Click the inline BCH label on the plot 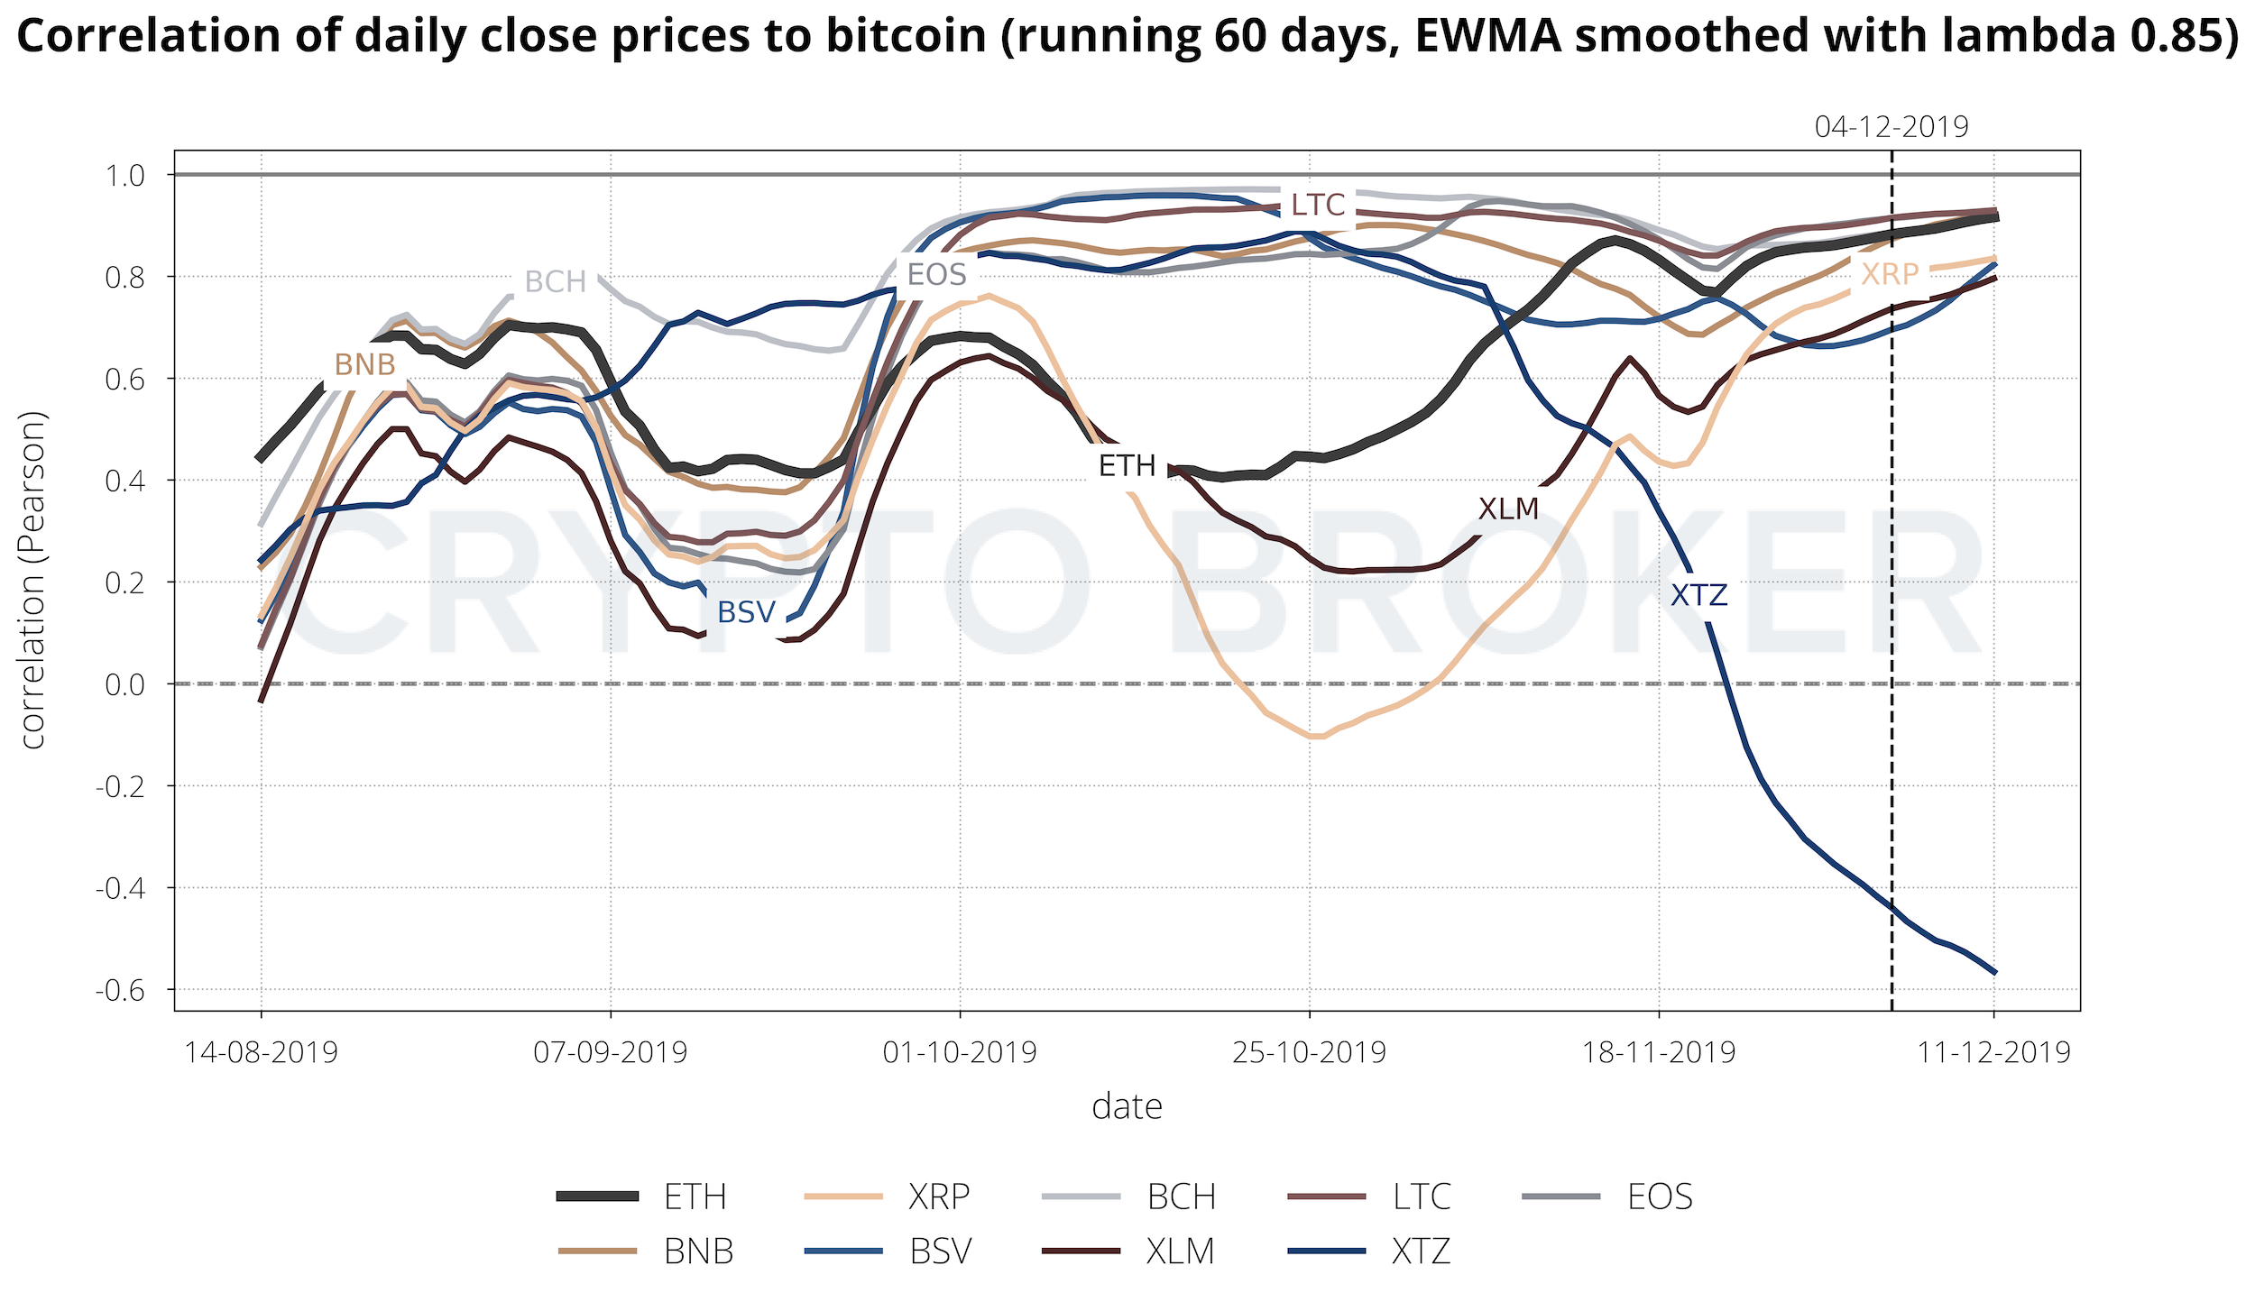556,282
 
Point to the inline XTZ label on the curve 1699,595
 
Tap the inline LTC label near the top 1318,206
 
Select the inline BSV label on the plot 746,613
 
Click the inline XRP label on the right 1890,274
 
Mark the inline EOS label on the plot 936,275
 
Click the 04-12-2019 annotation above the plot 1891,127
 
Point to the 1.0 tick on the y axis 125,175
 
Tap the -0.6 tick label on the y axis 121,990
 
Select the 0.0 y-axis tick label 125,684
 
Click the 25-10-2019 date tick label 1309,1052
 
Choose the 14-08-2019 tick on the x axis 262,1052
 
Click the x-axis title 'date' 1127,1106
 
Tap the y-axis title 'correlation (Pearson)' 33,581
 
